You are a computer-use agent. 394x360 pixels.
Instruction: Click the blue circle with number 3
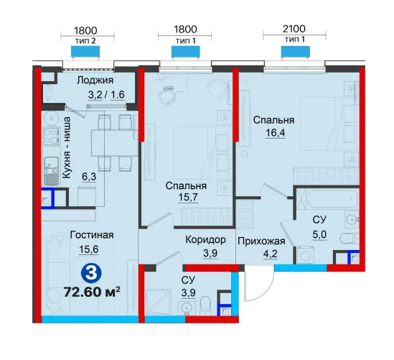click(91, 274)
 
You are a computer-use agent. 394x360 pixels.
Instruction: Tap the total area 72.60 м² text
click(92, 292)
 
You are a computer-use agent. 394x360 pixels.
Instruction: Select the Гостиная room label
click(92, 235)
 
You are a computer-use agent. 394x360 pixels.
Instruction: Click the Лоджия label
click(95, 80)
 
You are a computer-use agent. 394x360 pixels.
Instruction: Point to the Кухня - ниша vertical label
click(66, 147)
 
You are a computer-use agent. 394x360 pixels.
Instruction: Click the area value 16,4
click(276, 132)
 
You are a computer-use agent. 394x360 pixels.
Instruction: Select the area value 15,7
click(188, 198)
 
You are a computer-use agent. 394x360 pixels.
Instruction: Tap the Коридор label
click(205, 240)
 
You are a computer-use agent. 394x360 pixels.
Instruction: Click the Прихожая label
click(261, 241)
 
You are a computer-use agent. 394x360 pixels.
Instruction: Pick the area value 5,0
click(319, 235)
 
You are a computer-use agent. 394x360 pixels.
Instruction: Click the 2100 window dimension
click(294, 29)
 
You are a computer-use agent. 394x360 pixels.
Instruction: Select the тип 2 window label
click(85, 41)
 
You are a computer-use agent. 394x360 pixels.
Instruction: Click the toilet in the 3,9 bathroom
click(206, 305)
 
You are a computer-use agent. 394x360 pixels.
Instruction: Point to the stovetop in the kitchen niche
click(52, 136)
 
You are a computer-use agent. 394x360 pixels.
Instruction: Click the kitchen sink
click(52, 170)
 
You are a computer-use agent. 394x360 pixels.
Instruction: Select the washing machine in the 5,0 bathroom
click(305, 255)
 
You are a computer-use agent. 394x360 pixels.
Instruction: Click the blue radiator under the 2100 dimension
click(295, 52)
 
